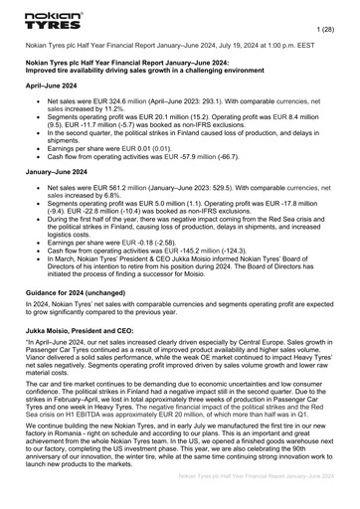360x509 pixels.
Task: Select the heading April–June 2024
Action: pos(55,86)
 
